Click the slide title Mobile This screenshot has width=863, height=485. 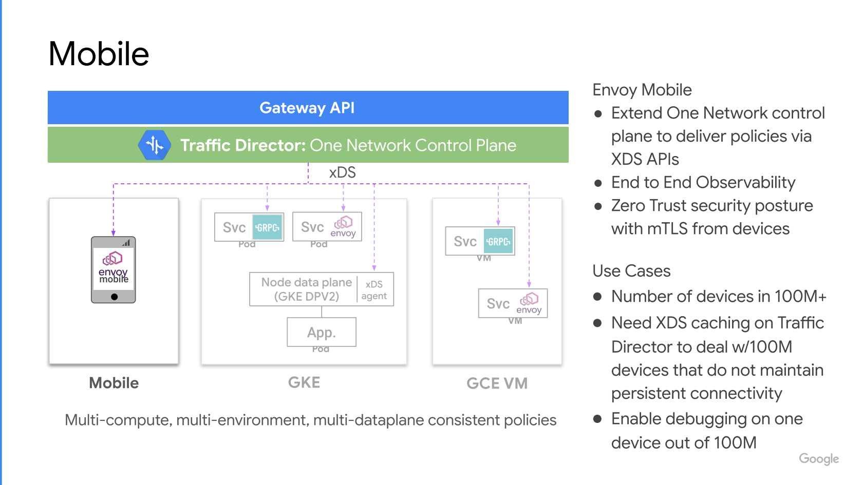[x=99, y=54]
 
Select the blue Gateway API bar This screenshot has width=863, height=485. [x=307, y=108]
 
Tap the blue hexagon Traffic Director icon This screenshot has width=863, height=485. [x=154, y=145]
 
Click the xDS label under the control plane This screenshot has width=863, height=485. [x=342, y=172]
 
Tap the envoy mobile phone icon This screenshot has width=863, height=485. [x=114, y=269]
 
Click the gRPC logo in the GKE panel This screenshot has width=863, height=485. [x=268, y=227]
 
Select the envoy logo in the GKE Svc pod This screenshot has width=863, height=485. [x=343, y=226]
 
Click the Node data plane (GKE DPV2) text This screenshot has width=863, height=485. [x=306, y=289]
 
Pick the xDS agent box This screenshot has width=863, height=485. [x=374, y=290]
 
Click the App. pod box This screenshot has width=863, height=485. [x=322, y=332]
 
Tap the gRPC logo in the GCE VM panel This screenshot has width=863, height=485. [x=498, y=241]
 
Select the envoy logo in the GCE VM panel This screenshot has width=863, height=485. [x=529, y=303]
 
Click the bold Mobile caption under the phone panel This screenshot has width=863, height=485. [x=114, y=383]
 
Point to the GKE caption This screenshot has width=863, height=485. [x=304, y=382]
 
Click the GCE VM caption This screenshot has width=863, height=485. [x=497, y=383]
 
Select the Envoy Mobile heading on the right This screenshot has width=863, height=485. [x=642, y=90]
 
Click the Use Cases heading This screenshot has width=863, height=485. [x=631, y=271]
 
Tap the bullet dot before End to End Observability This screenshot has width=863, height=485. [x=598, y=183]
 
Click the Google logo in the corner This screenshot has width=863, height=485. [x=819, y=459]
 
